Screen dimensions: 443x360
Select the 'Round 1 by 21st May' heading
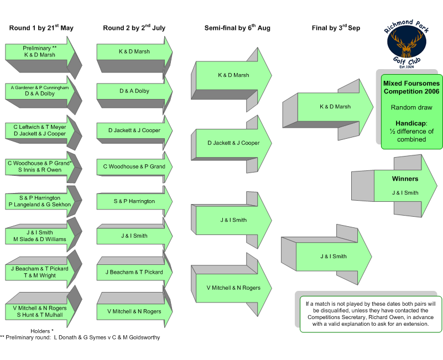click(x=41, y=28)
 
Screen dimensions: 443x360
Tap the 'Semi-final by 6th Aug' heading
click(x=237, y=28)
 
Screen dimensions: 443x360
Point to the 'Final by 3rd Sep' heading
click(x=336, y=28)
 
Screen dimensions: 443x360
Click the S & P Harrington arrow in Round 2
click(x=134, y=201)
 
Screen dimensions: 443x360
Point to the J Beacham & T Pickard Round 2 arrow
click(x=134, y=272)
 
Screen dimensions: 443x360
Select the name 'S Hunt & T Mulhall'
click(x=40, y=315)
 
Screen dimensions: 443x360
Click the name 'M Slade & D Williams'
click(x=40, y=239)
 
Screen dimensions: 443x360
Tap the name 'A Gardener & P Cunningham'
click(x=40, y=87)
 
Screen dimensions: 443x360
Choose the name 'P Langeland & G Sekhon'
click(x=40, y=205)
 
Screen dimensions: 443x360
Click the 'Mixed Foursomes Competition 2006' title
click(x=411, y=87)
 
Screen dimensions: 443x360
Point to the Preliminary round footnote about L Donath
click(x=80, y=337)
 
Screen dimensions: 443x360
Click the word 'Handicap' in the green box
click(x=411, y=123)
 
